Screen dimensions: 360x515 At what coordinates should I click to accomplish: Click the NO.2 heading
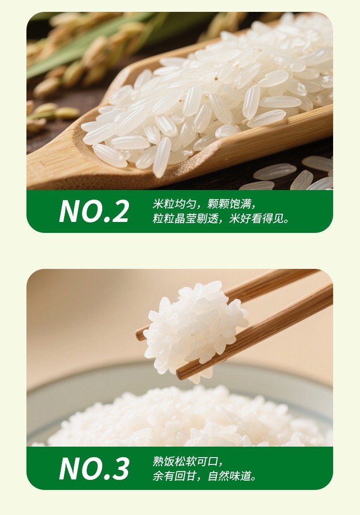pyautogui.click(x=94, y=211)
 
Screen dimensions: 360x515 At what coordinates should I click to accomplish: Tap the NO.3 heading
pyautogui.click(x=94, y=469)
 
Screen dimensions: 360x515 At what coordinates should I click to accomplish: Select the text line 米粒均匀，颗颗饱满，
pyautogui.click(x=204, y=204)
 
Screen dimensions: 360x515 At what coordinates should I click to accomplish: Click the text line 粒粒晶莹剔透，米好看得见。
pyautogui.click(x=221, y=218)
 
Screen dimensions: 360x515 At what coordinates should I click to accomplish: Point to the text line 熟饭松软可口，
pyautogui.click(x=188, y=462)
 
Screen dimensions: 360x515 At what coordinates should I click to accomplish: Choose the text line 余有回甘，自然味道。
pyautogui.click(x=204, y=476)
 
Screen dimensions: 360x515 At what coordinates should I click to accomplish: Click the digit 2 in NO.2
pyautogui.click(x=119, y=211)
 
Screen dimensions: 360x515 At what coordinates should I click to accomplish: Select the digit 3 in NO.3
pyautogui.click(x=120, y=469)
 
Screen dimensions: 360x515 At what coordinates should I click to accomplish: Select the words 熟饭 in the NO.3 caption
pyautogui.click(x=163, y=462)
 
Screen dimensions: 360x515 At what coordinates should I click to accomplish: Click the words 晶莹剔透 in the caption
pyautogui.click(x=196, y=218)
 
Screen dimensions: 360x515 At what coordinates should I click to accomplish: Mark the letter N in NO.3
pyautogui.click(x=69, y=469)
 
